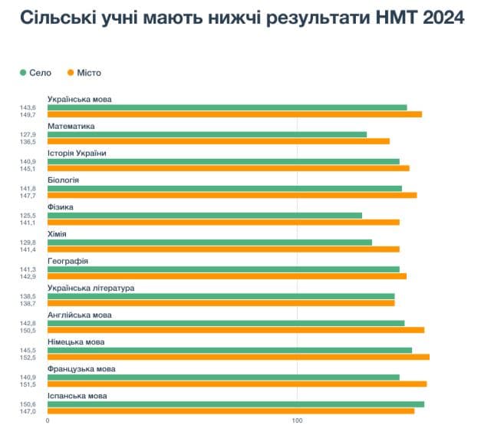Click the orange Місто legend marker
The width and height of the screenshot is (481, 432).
(x=70, y=73)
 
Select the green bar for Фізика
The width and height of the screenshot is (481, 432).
(x=204, y=215)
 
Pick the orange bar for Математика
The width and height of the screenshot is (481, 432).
(x=218, y=141)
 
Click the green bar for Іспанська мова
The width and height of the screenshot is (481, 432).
(x=236, y=404)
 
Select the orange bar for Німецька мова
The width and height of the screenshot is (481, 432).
(x=238, y=357)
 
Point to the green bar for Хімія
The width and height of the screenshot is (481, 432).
(x=209, y=242)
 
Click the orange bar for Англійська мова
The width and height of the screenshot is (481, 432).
(x=236, y=330)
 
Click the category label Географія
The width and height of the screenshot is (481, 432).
(x=68, y=261)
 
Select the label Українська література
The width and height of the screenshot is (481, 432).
(x=91, y=288)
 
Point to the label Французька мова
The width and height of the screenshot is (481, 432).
(x=81, y=369)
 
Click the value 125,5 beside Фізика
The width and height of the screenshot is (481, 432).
(x=28, y=216)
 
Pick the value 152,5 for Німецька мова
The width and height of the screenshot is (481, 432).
(x=28, y=358)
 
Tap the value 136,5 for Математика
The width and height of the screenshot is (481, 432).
(x=28, y=142)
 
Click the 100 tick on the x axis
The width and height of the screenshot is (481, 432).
(x=297, y=421)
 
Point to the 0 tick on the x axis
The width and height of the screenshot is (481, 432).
(x=48, y=421)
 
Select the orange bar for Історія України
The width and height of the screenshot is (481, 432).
(x=228, y=168)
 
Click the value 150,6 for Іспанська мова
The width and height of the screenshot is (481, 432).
(x=28, y=404)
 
